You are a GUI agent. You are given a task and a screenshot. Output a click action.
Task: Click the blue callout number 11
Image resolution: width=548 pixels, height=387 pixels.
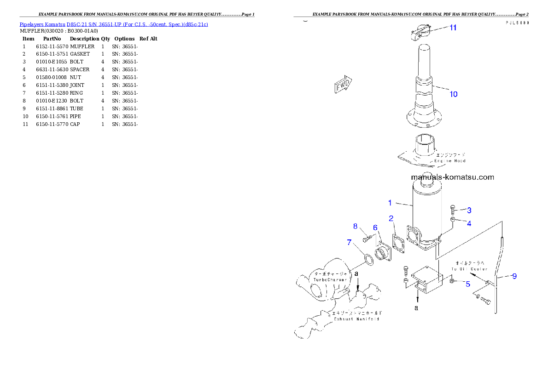pos(453,28)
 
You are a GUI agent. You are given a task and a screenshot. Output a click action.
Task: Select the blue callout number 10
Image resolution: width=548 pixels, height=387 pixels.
pos(454,94)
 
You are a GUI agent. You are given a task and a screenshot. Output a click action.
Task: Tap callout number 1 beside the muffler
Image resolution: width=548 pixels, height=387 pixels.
pos(390,202)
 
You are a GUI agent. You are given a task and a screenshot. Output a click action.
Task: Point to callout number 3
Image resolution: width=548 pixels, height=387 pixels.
pos(469,211)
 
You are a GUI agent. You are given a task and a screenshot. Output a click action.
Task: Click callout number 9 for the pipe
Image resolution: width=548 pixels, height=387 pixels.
pos(514,276)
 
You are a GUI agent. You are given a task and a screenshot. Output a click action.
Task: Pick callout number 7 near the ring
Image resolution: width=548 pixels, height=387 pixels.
pos(350,242)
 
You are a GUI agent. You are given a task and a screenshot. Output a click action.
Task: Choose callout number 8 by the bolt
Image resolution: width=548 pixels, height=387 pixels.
pos(355,226)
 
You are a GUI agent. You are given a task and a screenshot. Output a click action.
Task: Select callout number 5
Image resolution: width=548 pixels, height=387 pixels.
pos(468,284)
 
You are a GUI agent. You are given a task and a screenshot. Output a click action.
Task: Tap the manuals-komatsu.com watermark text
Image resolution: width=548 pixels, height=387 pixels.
pos(452,177)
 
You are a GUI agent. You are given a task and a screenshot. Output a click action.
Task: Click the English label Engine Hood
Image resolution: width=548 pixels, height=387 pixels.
pos(450,161)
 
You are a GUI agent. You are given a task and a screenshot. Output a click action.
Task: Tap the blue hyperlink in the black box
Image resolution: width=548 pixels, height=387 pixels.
pos(114,24)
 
